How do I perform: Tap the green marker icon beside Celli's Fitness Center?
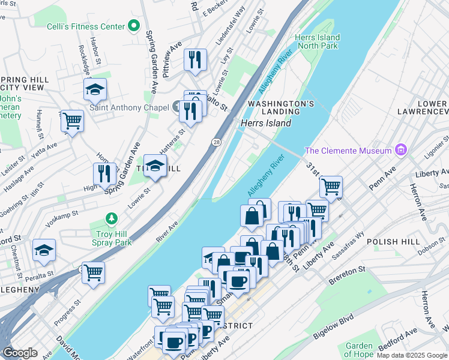(x=134, y=26)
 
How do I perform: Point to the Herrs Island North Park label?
(x=317, y=41)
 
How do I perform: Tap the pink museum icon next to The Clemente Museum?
(x=400, y=150)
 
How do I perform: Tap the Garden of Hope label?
(x=359, y=349)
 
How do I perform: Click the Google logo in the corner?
(x=20, y=353)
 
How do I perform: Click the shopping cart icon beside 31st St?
(x=331, y=186)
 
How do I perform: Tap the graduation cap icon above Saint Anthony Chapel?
(x=95, y=89)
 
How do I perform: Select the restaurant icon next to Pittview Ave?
(x=195, y=59)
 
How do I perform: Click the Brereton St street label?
(x=347, y=275)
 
